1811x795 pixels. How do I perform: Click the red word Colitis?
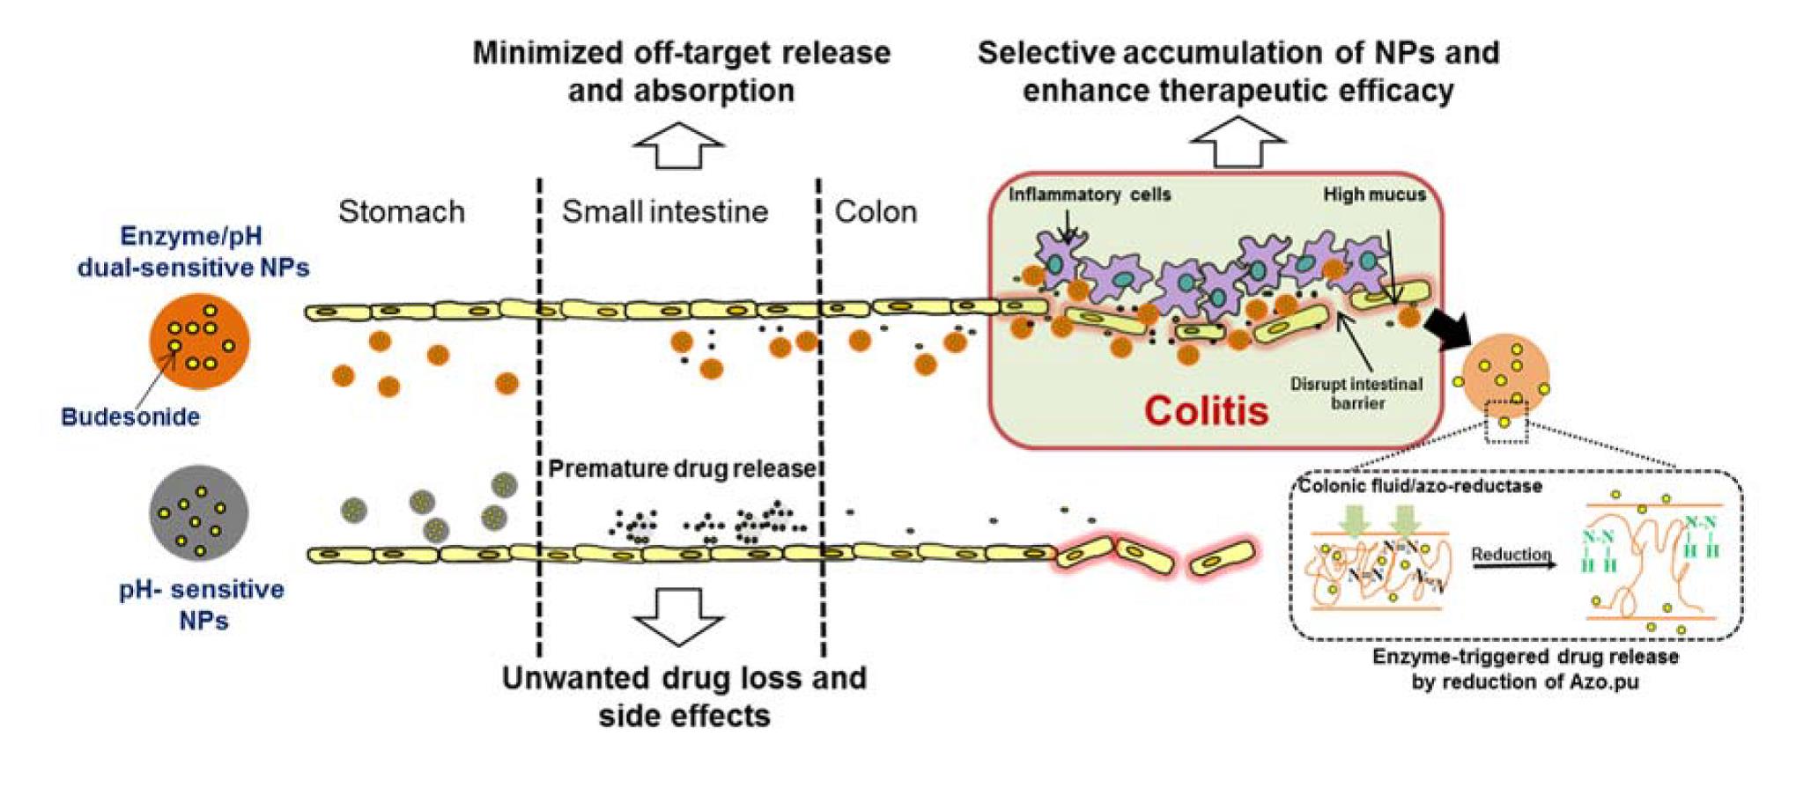point(1206,411)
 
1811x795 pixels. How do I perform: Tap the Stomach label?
point(402,212)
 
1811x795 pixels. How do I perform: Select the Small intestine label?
point(665,212)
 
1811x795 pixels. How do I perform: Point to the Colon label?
point(876,212)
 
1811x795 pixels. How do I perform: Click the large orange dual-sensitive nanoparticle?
point(199,342)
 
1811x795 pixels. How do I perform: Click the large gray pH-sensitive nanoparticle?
point(198,513)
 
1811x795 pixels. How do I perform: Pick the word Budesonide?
point(130,417)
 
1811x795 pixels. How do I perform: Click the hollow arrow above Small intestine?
point(678,144)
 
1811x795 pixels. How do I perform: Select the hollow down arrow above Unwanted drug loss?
point(678,615)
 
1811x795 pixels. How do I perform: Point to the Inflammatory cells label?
point(1090,195)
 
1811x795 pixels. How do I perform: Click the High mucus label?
point(1374,195)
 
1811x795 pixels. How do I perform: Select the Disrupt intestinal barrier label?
point(1356,394)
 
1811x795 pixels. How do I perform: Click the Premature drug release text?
point(683,468)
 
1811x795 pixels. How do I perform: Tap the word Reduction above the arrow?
point(1511,554)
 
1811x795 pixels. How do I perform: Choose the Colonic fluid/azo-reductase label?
point(1420,486)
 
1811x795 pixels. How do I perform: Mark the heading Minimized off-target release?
point(681,53)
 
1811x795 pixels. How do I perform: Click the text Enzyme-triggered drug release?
point(1525,657)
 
